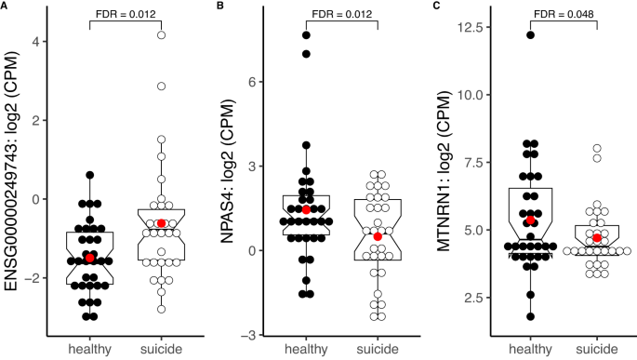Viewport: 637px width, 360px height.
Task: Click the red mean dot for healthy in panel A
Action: coord(90,258)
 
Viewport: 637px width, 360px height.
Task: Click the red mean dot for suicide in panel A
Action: coord(162,223)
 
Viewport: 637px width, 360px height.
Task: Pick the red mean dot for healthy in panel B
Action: coord(306,209)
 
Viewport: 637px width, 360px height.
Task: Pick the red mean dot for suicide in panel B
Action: coord(378,236)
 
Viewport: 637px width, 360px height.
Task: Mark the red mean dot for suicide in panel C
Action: coord(596,238)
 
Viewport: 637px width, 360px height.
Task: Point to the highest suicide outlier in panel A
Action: coord(162,34)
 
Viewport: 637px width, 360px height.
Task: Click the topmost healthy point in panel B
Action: coord(306,35)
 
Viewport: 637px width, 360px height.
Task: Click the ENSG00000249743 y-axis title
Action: coord(12,177)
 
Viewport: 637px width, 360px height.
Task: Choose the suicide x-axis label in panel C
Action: coord(596,349)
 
